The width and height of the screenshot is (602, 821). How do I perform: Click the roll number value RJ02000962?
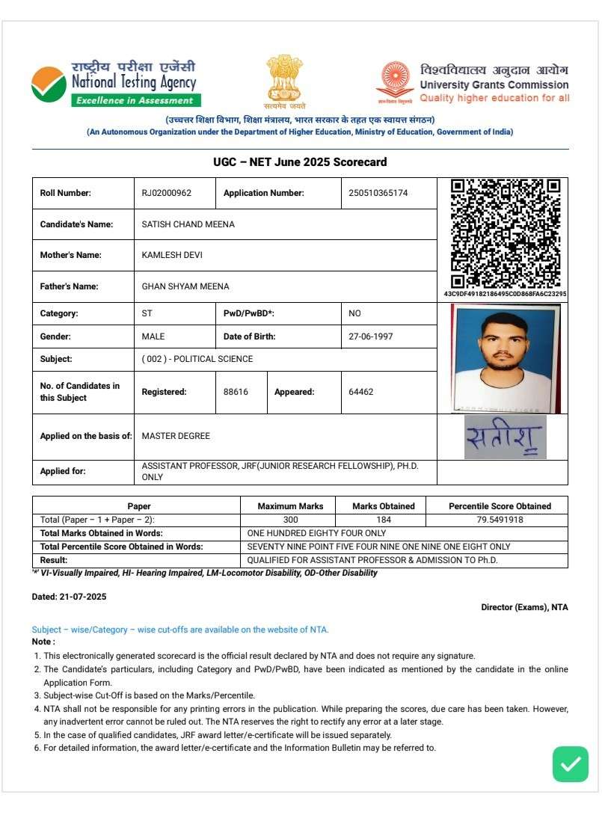[167, 193]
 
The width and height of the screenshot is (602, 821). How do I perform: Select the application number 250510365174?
[378, 193]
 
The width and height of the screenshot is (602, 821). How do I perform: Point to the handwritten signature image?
[505, 437]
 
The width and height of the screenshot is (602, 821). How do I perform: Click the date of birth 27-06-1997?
[370, 336]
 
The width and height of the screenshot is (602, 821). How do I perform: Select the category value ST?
[147, 313]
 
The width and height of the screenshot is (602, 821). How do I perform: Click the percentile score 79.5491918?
[500, 520]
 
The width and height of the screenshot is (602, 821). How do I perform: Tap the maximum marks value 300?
[290, 520]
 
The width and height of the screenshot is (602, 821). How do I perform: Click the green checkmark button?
[571, 763]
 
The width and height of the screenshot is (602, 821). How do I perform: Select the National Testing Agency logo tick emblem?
[49, 85]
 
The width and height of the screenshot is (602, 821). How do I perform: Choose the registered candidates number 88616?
[236, 392]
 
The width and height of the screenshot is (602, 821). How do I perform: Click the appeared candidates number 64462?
[361, 392]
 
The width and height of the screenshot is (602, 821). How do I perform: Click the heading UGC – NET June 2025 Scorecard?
[300, 162]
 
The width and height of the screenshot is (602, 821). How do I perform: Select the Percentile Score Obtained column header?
[500, 506]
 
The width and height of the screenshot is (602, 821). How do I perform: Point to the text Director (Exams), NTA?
[524, 607]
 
